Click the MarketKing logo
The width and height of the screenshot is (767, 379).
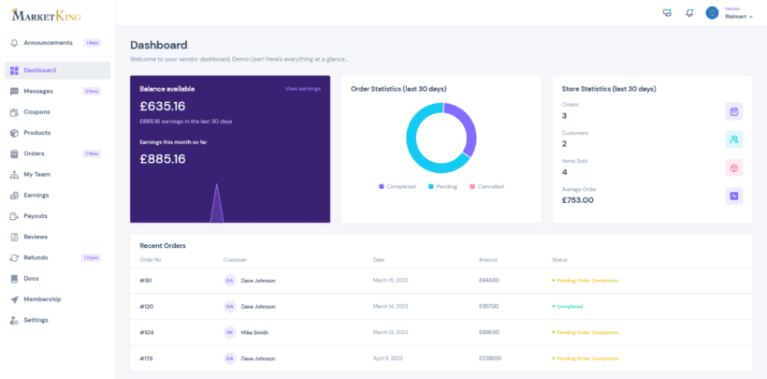pos(47,15)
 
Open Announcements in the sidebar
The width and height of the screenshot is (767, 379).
pos(48,43)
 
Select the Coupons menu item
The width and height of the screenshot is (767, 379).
pos(37,112)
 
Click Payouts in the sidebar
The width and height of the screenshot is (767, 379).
pos(36,216)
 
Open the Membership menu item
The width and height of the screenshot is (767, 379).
pos(42,299)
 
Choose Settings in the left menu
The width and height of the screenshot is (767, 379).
pos(36,320)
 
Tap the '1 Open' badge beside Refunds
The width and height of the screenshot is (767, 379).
pos(91,257)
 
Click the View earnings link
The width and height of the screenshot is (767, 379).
pos(302,89)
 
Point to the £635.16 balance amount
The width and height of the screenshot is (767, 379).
pos(163,106)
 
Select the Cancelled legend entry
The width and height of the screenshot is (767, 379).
pos(489,186)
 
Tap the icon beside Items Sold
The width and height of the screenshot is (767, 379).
pos(734,168)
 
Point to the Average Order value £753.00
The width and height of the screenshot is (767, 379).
pos(578,199)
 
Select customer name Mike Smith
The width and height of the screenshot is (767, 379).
pos(253,332)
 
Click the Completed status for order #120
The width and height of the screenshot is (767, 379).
pos(570,306)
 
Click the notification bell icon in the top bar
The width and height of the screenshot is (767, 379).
pos(689,13)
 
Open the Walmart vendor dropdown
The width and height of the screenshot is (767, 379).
pos(738,16)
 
